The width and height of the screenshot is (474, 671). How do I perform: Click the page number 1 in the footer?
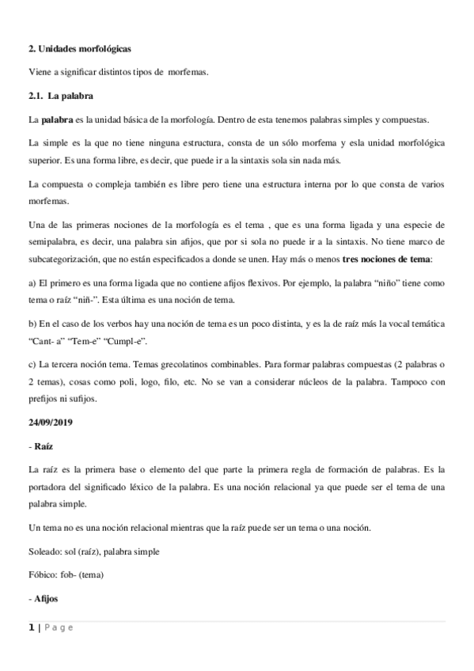(31, 627)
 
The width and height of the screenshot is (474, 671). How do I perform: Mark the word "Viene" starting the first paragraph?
(40, 73)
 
